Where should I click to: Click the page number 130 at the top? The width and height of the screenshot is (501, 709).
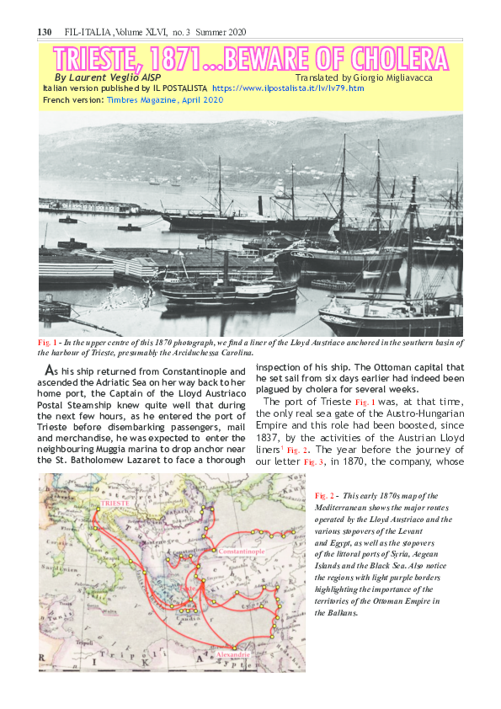coord(45,31)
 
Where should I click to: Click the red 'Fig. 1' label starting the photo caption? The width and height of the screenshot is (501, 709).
coord(47,343)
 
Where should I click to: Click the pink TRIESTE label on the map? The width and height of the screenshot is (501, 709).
coord(115,503)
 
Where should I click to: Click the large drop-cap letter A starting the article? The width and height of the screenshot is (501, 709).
coord(50,371)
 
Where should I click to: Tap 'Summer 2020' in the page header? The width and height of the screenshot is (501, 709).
coord(226,31)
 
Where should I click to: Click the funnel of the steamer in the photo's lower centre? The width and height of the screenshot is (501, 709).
coord(225,265)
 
